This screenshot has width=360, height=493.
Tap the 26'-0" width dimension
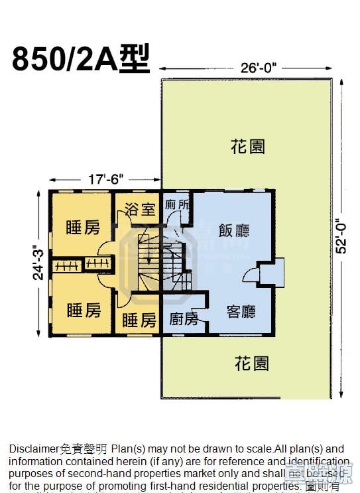point(255,68)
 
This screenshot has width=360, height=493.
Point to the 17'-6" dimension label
point(105,179)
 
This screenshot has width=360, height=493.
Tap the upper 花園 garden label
point(248,146)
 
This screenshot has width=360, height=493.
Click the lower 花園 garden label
point(252,363)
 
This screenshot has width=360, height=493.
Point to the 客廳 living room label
point(241,311)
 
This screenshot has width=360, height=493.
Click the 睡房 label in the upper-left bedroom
point(83,228)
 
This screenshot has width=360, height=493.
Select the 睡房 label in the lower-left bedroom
point(84,309)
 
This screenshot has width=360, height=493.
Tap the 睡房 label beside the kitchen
point(139,320)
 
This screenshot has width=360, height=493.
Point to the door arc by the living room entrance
point(251,275)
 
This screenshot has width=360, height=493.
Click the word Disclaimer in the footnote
point(32,449)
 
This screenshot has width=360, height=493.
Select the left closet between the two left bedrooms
point(66,265)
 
